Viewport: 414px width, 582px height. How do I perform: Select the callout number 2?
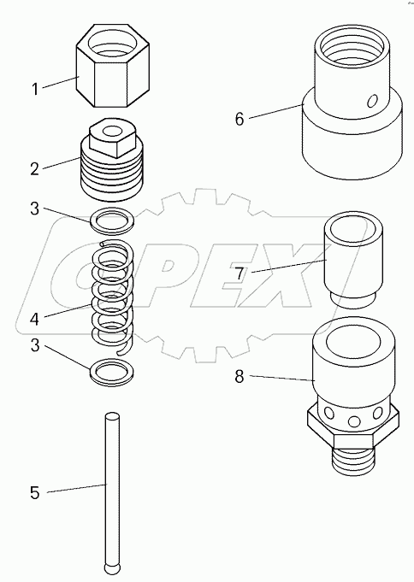(34, 169)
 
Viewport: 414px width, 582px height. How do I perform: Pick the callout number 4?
(34, 319)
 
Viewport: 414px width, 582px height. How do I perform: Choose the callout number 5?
(34, 492)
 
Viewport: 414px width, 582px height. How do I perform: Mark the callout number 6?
(240, 119)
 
